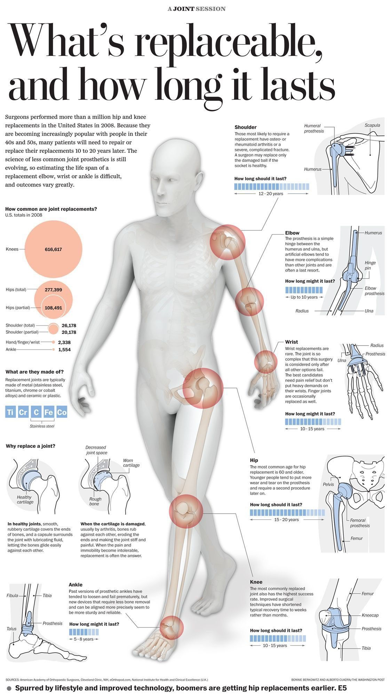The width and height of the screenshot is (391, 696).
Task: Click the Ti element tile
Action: pyautogui.click(x=10, y=412)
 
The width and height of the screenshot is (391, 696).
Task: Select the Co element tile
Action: pyautogui.click(x=62, y=412)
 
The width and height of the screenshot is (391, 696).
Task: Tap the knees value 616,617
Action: pyautogui.click(x=53, y=250)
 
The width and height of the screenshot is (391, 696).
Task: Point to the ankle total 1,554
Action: pyautogui.click(x=64, y=349)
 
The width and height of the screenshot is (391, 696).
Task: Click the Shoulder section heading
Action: pyautogui.click(x=245, y=127)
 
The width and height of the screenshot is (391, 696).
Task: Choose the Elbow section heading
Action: pyautogui.click(x=292, y=233)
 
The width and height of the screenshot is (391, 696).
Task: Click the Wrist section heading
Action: pyautogui.click(x=292, y=342)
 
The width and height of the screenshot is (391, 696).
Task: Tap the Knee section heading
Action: pyautogui.click(x=256, y=582)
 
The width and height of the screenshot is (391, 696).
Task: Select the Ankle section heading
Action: pyautogui.click(x=75, y=585)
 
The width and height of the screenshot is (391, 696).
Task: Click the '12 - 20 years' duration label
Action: pyautogui.click(x=271, y=194)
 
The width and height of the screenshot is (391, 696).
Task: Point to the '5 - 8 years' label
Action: pyautogui.click(x=83, y=639)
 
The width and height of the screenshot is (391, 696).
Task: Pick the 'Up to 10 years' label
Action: pyautogui.click(x=304, y=297)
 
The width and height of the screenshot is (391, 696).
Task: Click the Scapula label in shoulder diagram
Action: pyautogui.click(x=372, y=125)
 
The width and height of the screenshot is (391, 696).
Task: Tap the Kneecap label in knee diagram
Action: pyautogui.click(x=370, y=615)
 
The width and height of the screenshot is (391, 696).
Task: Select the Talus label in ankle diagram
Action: pyautogui.click(x=11, y=629)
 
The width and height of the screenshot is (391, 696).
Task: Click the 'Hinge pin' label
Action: pyautogui.click(x=370, y=266)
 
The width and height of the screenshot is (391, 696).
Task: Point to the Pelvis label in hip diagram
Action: pyautogui.click(x=328, y=484)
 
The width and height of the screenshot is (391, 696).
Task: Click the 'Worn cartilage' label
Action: pyautogui.click(x=131, y=463)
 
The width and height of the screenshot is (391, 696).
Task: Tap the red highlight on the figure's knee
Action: pyautogui.click(x=186, y=511)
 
